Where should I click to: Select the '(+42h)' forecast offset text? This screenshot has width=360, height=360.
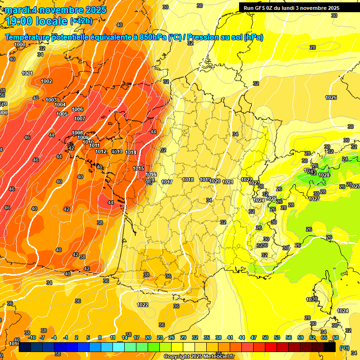[x=81, y=21]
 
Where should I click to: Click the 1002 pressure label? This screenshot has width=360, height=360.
[x=46, y=81]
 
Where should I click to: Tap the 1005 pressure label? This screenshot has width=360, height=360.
[x=62, y=114]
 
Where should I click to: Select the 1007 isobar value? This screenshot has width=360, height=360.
[x=80, y=119]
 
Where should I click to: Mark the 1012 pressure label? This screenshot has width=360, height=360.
[x=101, y=151]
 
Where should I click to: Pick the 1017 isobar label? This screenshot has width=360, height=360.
[x=167, y=182]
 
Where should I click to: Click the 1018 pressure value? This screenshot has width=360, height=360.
[x=188, y=180]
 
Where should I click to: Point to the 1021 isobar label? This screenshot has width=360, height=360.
[x=228, y=182]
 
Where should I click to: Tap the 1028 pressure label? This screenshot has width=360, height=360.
[x=324, y=175]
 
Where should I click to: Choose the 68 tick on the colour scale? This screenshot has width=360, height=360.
[x=336, y=337]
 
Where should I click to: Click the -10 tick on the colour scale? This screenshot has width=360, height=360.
[x=32, y=337]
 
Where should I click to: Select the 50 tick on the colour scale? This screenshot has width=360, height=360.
[x=265, y=337]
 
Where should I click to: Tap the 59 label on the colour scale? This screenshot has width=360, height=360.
[x=300, y=337]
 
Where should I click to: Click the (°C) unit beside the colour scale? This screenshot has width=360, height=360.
[x=345, y=348]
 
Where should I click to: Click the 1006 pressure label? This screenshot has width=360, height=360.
[x=78, y=109]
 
